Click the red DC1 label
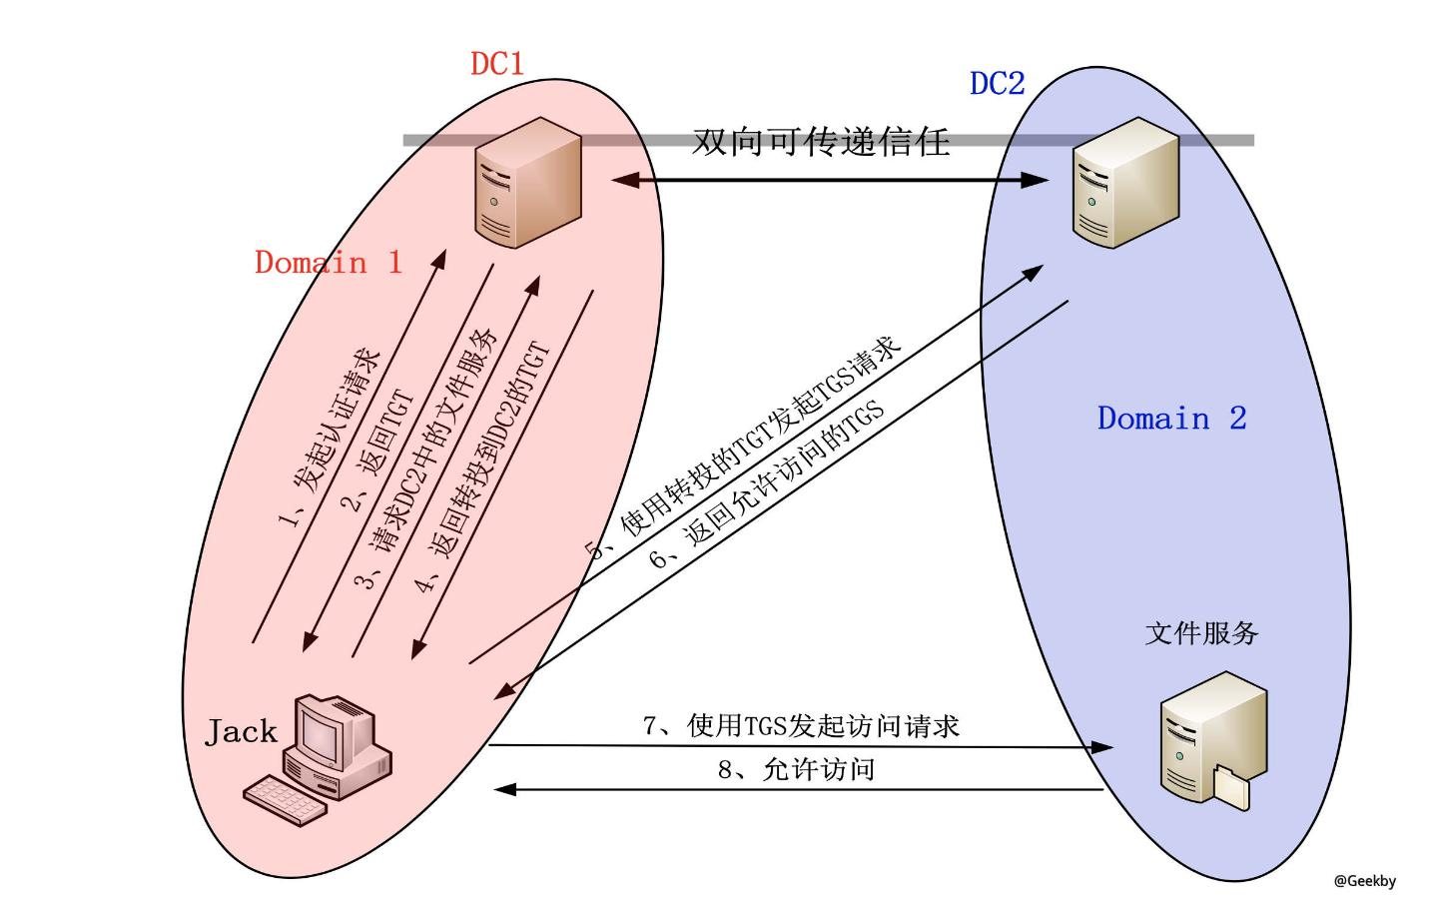click(496, 64)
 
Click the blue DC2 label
click(997, 84)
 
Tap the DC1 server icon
click(527, 183)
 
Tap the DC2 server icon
click(1124, 183)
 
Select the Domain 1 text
click(328, 263)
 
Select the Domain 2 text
click(1171, 419)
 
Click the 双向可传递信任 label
click(821, 142)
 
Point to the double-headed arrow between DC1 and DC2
click(829, 181)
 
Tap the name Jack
click(241, 732)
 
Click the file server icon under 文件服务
click(1212, 739)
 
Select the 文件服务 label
click(1200, 633)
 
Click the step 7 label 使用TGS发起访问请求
click(801, 726)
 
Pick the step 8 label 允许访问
click(796, 770)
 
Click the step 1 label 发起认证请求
click(331, 437)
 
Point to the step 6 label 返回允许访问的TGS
click(767, 485)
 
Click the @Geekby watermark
click(1364, 881)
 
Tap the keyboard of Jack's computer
click(285, 800)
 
